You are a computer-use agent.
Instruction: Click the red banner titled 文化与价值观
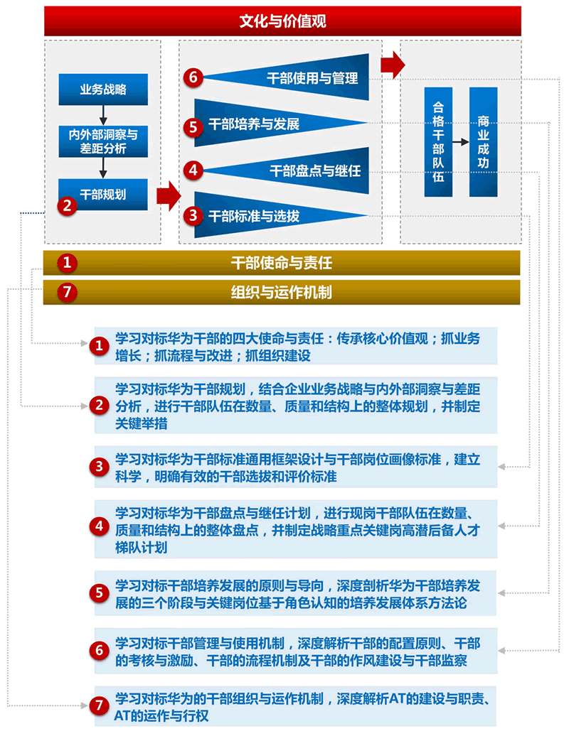(x=282, y=21)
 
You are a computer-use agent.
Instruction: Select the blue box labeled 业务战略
(x=103, y=90)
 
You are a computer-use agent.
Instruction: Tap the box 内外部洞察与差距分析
(x=103, y=141)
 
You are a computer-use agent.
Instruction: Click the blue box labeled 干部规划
(x=103, y=195)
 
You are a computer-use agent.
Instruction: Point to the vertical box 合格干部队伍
(x=438, y=142)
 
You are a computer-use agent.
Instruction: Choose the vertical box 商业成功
(x=483, y=142)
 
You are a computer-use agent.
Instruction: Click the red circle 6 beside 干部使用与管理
(x=193, y=77)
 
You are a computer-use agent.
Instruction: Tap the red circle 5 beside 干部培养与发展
(x=193, y=126)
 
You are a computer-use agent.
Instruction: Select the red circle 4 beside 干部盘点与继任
(x=193, y=171)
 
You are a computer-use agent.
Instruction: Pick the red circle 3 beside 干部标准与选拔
(x=193, y=215)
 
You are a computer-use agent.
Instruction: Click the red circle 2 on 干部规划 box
(x=67, y=205)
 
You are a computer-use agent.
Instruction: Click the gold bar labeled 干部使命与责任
(x=282, y=263)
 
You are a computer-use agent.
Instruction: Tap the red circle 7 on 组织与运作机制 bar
(x=67, y=292)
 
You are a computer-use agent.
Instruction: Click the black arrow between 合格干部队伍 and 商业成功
(x=461, y=142)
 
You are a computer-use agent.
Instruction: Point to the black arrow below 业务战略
(x=103, y=115)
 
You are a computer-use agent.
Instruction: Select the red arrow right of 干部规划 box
(x=168, y=195)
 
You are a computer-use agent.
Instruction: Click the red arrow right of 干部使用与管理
(x=393, y=65)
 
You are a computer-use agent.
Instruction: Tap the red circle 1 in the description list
(x=99, y=346)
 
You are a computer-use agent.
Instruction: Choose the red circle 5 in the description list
(x=99, y=592)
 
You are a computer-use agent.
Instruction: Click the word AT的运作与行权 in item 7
(x=161, y=716)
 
